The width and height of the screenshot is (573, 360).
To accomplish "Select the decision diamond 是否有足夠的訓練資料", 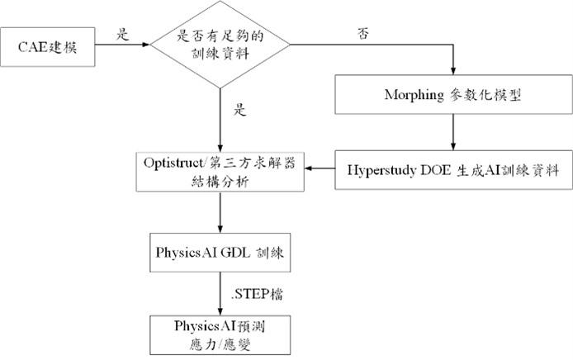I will [220, 45].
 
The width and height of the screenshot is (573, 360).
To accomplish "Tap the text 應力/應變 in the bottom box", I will [220, 340].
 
